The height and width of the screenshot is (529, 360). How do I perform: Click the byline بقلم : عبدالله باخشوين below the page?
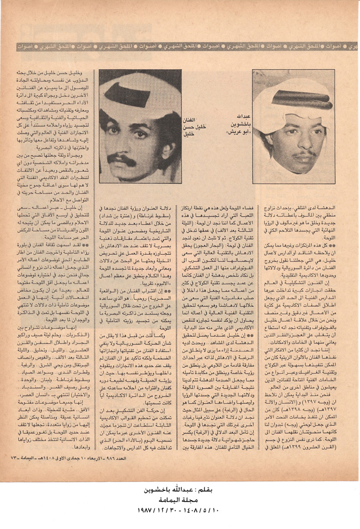coord(179,492)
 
